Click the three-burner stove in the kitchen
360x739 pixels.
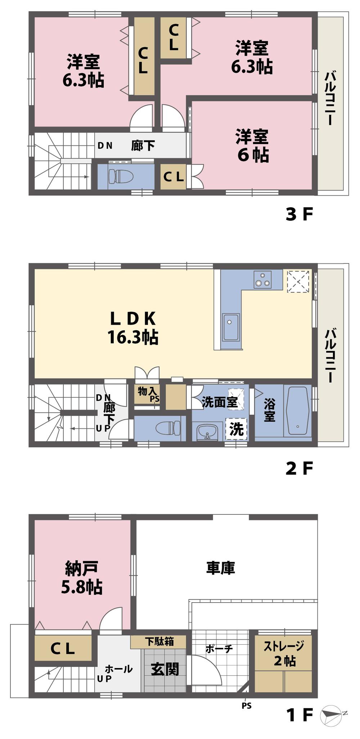click(x=262, y=279)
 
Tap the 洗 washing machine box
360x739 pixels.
click(x=237, y=429)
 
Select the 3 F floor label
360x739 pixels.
click(x=299, y=215)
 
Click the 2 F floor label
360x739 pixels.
click(x=299, y=468)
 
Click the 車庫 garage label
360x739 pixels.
click(x=220, y=568)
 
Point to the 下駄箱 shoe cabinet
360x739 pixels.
click(x=159, y=641)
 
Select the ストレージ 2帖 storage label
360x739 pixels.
click(x=284, y=653)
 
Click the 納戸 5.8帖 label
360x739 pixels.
click(x=82, y=577)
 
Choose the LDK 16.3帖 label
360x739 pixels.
click(x=133, y=328)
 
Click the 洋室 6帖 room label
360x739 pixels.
click(x=252, y=145)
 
